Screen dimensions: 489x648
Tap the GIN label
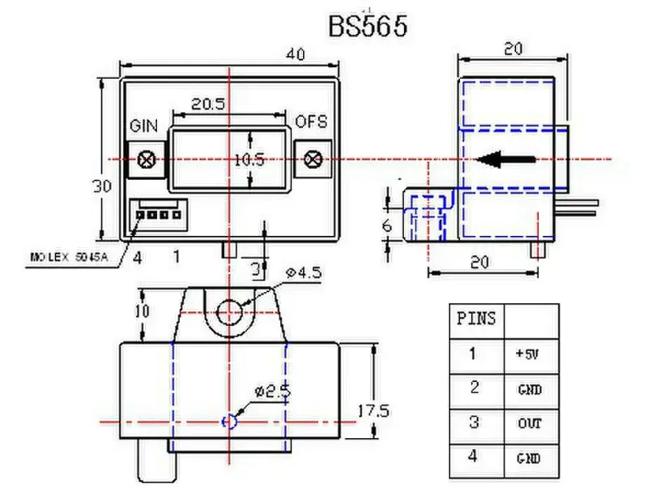coord(143,127)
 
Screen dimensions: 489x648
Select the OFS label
coord(310,122)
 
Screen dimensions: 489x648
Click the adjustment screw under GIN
coord(147,159)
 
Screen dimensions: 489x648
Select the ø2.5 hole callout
coord(272,392)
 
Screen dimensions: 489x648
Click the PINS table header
coord(476,319)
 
